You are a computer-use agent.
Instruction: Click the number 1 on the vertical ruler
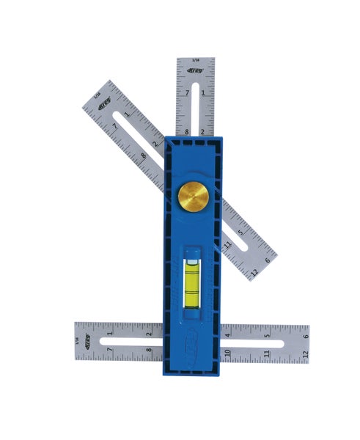[203, 92]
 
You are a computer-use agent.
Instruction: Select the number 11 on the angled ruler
[229, 244]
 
